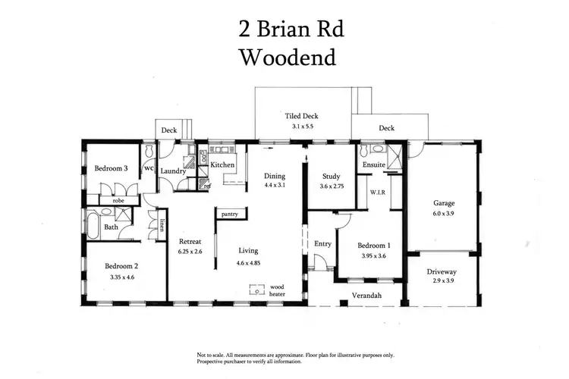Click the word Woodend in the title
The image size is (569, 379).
click(x=287, y=57)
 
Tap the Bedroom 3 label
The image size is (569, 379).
click(x=111, y=168)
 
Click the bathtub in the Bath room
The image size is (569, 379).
click(x=92, y=224)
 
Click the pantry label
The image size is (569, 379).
click(x=231, y=215)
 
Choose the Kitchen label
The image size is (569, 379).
click(x=222, y=164)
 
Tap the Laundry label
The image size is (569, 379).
click(x=173, y=171)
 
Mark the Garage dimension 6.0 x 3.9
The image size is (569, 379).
click(x=443, y=215)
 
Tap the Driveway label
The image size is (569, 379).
click(x=443, y=270)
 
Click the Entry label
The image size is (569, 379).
click(x=322, y=243)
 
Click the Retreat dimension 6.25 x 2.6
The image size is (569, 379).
click(x=190, y=252)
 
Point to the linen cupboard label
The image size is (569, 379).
click(x=163, y=225)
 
